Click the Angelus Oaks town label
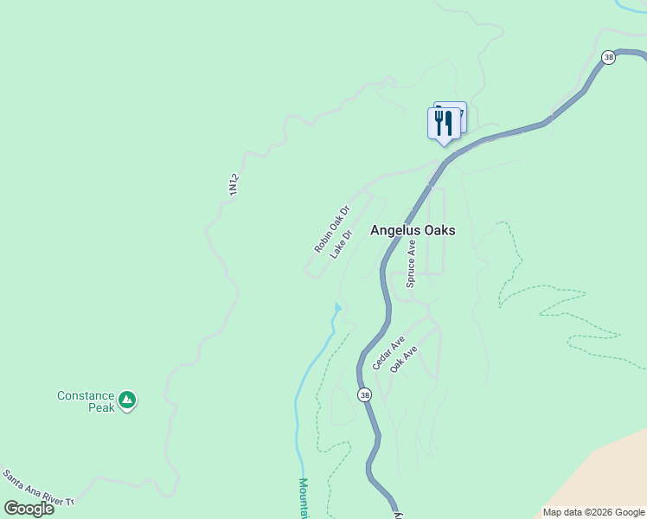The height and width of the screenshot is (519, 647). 413,231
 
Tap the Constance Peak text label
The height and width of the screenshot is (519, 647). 86,401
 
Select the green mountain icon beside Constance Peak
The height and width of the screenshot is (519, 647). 127,400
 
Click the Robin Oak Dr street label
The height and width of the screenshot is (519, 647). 330,229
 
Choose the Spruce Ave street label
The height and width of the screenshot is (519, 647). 412,263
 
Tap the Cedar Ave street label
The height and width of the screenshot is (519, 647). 388,353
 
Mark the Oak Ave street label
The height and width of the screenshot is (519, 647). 404,359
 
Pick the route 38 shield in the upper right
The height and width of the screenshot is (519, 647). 609,57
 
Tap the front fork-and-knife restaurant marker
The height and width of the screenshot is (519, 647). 444,124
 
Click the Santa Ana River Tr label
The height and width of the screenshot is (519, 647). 38,489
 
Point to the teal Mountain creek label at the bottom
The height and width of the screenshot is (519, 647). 304,498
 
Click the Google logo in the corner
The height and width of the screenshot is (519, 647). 29,508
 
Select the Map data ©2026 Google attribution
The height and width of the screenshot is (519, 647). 593,512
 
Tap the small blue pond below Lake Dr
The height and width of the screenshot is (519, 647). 337,307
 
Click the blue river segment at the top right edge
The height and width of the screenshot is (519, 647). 632,4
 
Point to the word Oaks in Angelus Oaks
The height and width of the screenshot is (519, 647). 439,231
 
